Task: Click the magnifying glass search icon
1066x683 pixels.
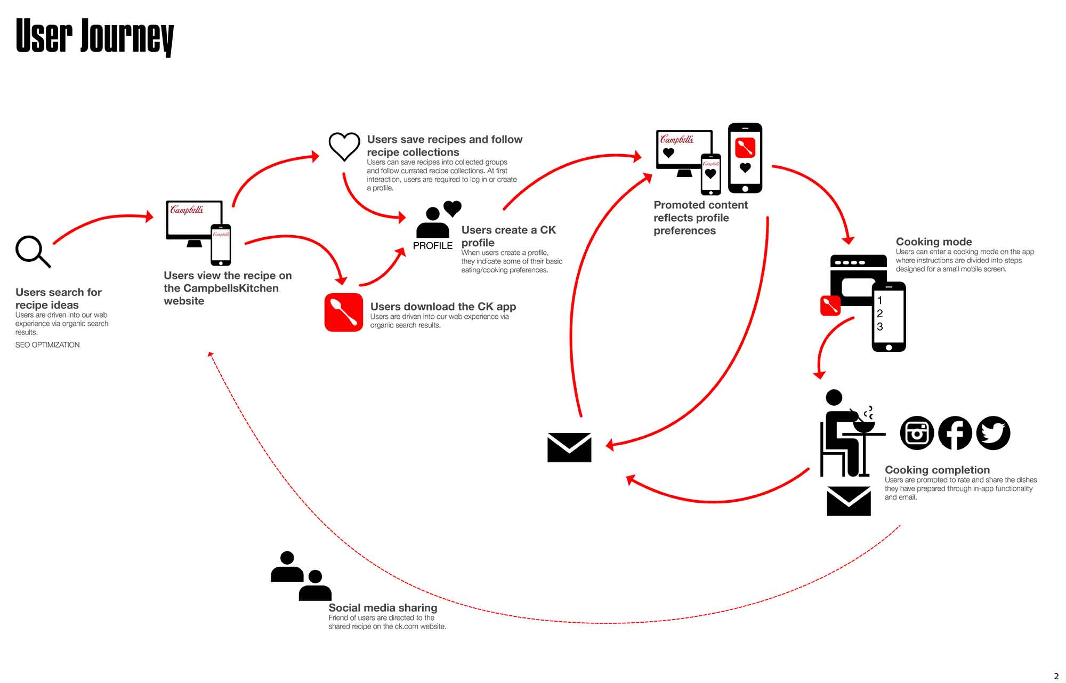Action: (31, 251)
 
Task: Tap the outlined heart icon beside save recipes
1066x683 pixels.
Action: (344, 146)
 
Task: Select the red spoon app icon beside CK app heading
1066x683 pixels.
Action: (344, 312)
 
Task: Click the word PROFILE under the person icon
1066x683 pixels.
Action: (432, 246)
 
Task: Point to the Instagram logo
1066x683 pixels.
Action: (917, 433)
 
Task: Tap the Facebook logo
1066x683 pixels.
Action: (955, 433)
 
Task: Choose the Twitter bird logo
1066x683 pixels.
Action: (993, 433)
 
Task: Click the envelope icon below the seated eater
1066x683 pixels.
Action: (849, 501)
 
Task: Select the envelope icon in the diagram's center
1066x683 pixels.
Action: (569, 447)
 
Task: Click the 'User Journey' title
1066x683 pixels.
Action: (95, 36)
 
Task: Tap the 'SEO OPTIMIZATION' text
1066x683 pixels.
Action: (47, 345)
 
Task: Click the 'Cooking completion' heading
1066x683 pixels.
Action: (937, 470)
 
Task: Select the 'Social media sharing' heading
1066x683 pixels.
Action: (383, 608)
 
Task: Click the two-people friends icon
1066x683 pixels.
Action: (301, 576)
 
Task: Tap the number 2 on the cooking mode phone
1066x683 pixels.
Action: (880, 314)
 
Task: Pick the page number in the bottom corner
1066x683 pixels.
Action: (1056, 676)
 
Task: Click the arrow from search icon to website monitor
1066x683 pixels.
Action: (101, 220)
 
